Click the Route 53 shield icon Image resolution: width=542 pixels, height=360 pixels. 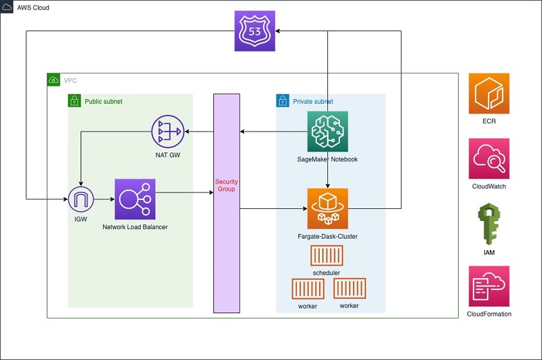click(255, 31)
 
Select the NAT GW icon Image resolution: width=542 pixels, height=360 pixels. click(167, 132)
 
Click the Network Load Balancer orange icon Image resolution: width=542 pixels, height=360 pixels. click(135, 199)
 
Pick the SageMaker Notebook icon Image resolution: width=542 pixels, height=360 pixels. click(328, 132)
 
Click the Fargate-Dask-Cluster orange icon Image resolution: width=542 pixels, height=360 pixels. click(328, 208)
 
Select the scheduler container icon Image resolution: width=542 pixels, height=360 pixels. click(327, 256)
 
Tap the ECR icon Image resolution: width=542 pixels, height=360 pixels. click(488, 93)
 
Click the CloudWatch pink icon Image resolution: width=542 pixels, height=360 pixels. click(488, 159)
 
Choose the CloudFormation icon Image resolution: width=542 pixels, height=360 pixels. click(488, 286)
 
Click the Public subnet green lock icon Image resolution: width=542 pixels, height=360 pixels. click(75, 101)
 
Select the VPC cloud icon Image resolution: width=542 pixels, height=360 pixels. click(54, 80)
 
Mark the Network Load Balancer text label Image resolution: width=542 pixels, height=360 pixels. click(135, 227)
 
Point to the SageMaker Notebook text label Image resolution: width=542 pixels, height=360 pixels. click(328, 160)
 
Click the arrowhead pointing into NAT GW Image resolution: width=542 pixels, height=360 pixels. click(188, 132)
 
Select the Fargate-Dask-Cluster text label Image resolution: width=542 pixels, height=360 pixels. click(328, 236)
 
